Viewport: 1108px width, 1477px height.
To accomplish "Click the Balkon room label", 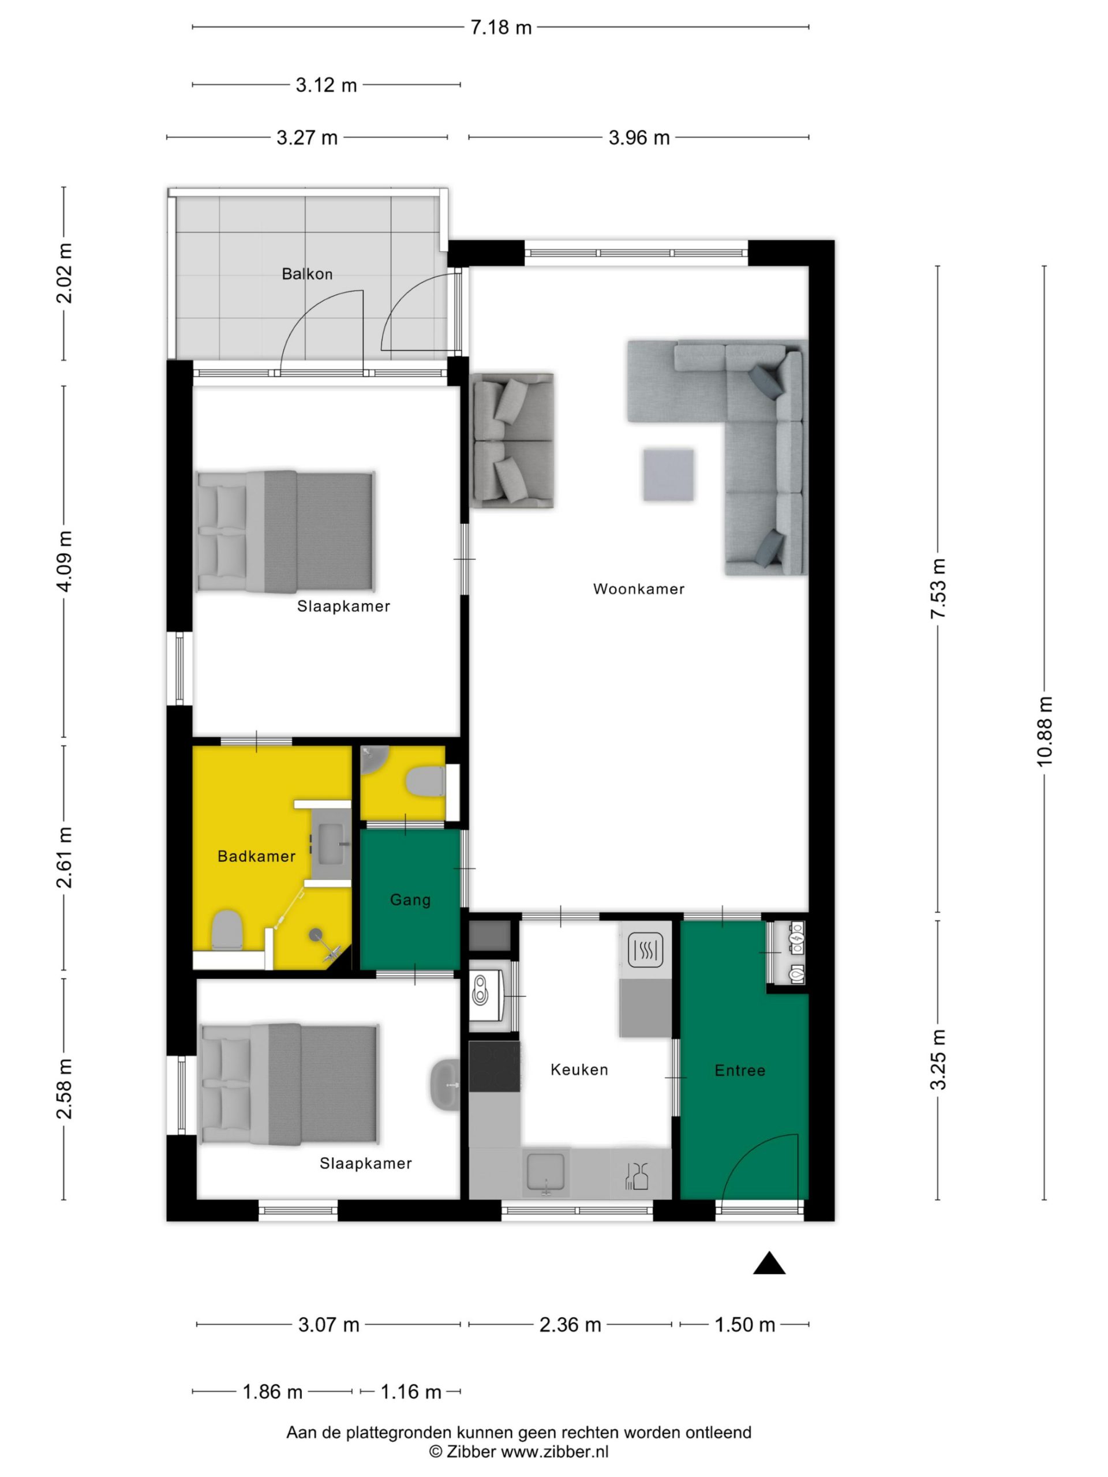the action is (x=306, y=274).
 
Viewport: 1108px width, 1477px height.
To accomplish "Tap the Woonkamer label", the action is (x=638, y=589).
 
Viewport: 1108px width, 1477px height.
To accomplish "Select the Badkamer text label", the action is (x=256, y=856).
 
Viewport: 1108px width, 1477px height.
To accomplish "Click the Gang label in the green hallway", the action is (x=410, y=900).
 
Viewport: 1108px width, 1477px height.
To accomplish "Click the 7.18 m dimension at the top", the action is (x=501, y=27).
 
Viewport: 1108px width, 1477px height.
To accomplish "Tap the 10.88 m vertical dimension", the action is (x=1045, y=731).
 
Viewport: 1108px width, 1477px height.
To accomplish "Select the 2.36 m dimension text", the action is (x=570, y=1325).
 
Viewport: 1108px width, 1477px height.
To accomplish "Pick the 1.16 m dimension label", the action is (x=411, y=1392).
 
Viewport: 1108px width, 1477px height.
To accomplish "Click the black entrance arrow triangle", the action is (x=769, y=1264).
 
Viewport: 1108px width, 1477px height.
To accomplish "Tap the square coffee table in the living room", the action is (x=668, y=475).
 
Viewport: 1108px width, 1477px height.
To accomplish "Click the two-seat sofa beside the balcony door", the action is (x=513, y=441).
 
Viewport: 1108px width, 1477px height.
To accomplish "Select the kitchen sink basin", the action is (x=546, y=1171).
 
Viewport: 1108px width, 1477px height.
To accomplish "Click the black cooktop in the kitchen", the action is (x=494, y=1066).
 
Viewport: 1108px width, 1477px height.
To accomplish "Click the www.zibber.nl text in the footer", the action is (x=555, y=1452).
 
